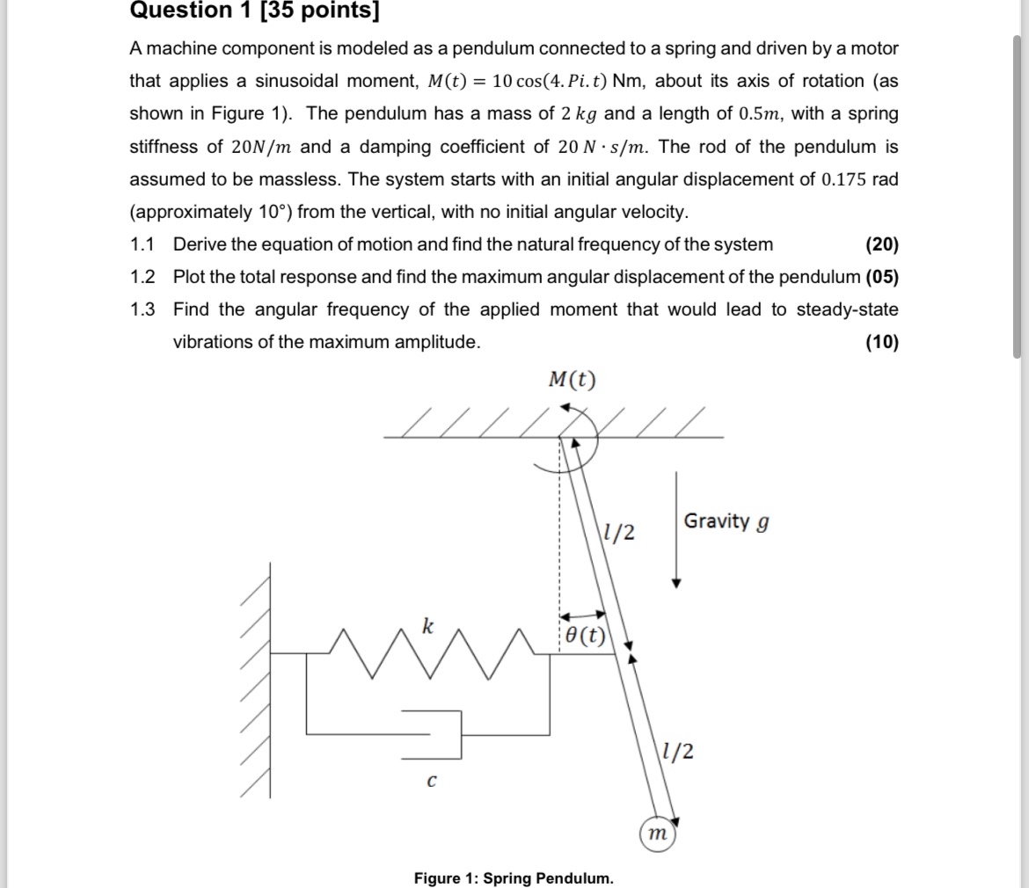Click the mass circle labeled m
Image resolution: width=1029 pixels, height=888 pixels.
pyautogui.click(x=654, y=833)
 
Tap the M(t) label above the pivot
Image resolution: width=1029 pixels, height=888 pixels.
pyautogui.click(x=572, y=379)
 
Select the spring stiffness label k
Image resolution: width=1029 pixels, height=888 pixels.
pyautogui.click(x=427, y=626)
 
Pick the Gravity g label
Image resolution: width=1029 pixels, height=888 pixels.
pyautogui.click(x=727, y=521)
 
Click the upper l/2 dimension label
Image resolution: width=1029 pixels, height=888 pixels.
pyautogui.click(x=620, y=532)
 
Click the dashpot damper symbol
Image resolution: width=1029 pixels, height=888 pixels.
pyautogui.click(x=435, y=733)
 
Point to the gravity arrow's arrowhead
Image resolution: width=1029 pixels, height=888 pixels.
pyautogui.click(x=675, y=581)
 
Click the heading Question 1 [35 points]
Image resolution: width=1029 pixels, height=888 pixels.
pyautogui.click(x=256, y=11)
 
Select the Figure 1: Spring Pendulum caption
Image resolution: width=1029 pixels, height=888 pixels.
pyautogui.click(x=514, y=878)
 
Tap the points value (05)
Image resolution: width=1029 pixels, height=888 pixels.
pyautogui.click(x=882, y=277)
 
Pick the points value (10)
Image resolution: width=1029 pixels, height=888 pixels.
pyautogui.click(x=881, y=342)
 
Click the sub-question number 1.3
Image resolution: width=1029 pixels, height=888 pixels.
pyautogui.click(x=142, y=309)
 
